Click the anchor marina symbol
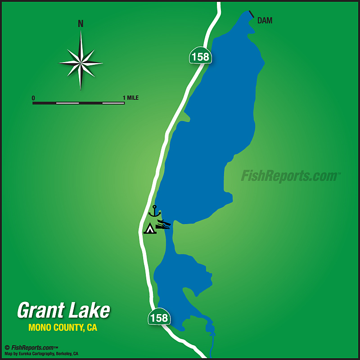155,211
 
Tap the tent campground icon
150,229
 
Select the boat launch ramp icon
163,224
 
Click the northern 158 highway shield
200,56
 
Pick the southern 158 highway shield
159,317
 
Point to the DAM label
265,21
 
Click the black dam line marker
251,14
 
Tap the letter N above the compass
81,24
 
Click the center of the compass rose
81,63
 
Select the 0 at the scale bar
33,98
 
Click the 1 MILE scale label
130,98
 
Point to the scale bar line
78,103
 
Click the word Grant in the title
40,310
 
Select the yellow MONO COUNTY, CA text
63,328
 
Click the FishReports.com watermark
290,176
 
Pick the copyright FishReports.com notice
31,347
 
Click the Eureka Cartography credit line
41,354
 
